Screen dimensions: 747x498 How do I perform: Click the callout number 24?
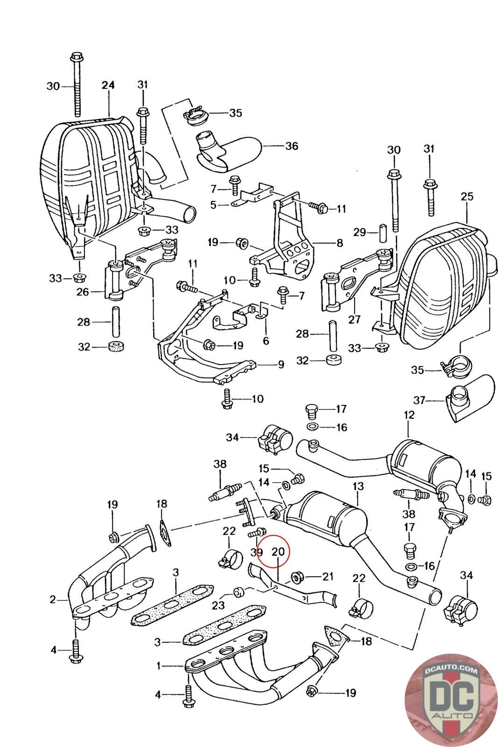(108, 85)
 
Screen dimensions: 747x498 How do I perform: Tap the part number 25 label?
(467, 197)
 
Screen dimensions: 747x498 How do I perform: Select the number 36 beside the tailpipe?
(292, 146)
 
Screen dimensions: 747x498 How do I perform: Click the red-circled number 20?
(278, 551)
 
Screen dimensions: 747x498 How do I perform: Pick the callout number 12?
(409, 414)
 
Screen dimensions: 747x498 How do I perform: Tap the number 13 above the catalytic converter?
(358, 486)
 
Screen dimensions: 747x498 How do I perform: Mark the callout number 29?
(359, 232)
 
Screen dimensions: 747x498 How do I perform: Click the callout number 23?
(218, 605)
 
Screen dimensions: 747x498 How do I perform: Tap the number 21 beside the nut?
(328, 577)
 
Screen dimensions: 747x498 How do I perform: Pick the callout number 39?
(256, 552)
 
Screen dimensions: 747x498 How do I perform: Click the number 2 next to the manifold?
(53, 599)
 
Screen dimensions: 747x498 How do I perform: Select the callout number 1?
(159, 666)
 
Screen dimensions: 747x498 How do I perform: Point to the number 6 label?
(266, 341)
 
